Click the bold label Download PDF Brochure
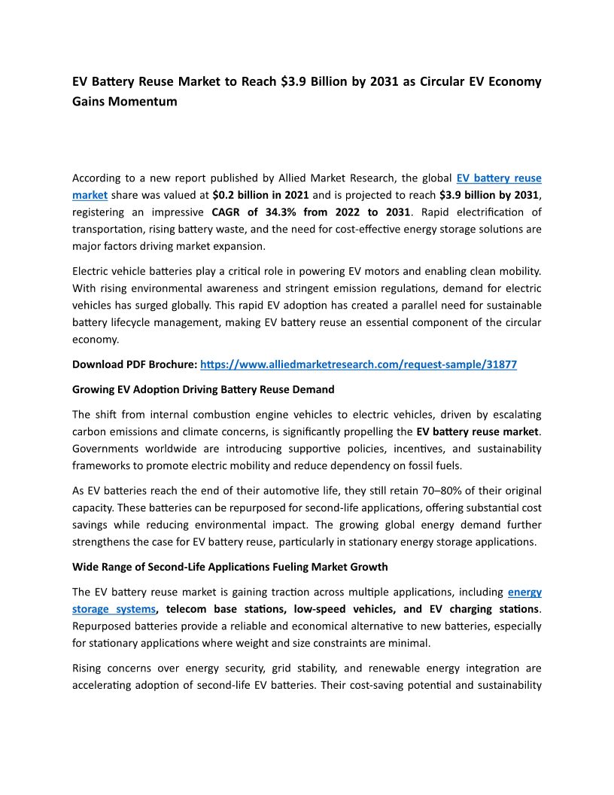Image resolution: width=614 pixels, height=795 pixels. click(x=135, y=364)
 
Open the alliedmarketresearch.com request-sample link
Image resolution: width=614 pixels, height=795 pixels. click(x=358, y=364)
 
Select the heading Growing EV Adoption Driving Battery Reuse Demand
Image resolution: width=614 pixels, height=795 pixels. click(x=203, y=390)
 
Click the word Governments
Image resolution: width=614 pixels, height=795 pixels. click(x=105, y=449)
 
